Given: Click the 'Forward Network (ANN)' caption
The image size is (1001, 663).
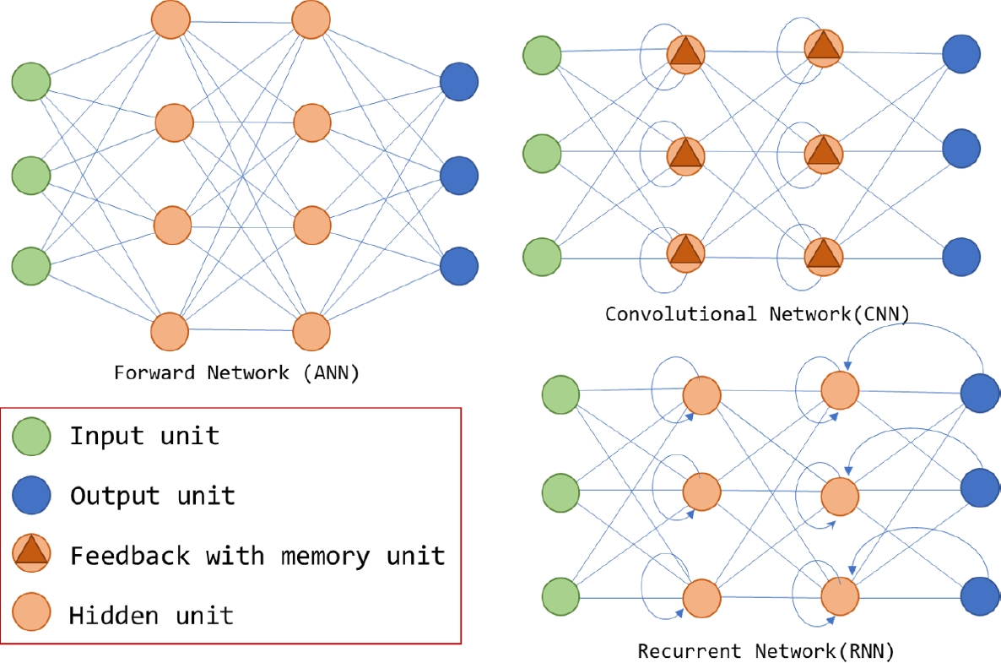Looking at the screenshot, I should (237, 373).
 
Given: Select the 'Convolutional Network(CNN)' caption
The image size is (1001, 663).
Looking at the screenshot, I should (757, 314).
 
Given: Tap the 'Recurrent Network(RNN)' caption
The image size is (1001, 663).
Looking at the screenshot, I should (765, 651).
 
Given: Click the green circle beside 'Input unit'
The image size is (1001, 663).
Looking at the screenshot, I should (31, 436).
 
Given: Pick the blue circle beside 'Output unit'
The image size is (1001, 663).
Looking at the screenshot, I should (31, 495).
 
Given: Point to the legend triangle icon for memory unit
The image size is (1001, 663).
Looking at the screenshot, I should (32, 555).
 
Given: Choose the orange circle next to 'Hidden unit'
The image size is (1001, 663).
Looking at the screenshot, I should (32, 613).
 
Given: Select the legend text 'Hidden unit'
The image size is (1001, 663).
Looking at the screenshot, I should (151, 615).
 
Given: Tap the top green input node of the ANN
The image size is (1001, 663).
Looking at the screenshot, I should (31, 82).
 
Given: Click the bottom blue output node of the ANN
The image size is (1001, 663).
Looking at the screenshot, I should (459, 265).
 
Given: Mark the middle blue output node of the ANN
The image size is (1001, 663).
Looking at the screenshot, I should (459, 175).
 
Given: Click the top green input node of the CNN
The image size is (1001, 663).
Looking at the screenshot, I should (542, 55).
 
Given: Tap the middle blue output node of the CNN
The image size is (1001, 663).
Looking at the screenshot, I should (961, 149).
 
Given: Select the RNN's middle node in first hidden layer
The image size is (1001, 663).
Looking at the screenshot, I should (701, 491).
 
